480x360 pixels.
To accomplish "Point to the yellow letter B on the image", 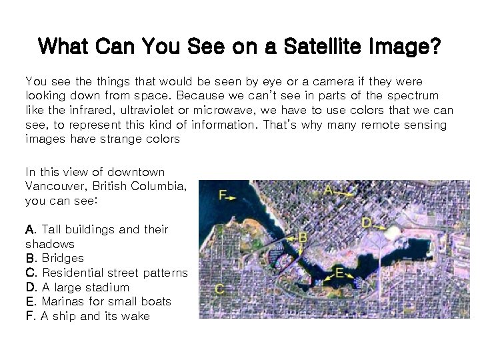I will [303, 237].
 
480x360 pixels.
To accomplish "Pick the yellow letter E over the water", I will [339, 273].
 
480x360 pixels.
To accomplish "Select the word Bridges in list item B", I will [63, 259].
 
